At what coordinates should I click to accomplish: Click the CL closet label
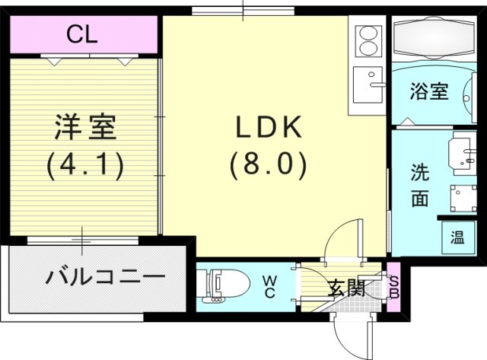point(80,35)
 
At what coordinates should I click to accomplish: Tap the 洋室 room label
point(84,126)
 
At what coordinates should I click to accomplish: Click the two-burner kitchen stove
point(368,41)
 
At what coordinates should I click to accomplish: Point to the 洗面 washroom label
point(419,185)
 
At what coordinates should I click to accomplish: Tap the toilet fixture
point(225,285)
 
